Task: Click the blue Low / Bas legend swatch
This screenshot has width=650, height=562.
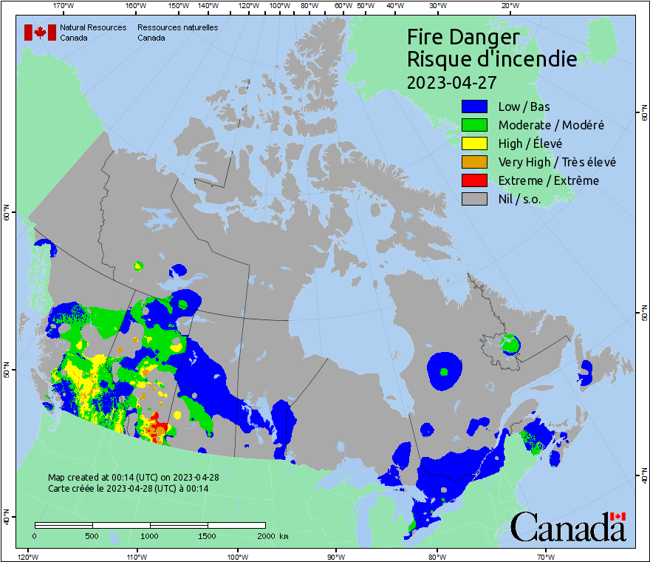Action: point(474,106)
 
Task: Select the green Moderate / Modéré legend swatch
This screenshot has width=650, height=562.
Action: point(474,125)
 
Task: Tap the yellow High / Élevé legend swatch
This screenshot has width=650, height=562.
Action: point(474,143)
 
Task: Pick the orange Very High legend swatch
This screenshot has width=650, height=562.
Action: point(474,162)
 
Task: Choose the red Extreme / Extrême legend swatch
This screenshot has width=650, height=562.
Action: point(474,180)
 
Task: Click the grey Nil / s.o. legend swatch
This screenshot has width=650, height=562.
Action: point(474,199)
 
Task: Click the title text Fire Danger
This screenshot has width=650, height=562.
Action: point(463,37)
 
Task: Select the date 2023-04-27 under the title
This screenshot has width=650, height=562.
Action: point(451,81)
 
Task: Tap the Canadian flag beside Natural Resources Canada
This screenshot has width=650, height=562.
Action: point(40,33)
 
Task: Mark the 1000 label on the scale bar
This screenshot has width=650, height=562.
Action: point(150,535)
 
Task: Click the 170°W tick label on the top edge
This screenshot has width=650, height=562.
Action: point(64,6)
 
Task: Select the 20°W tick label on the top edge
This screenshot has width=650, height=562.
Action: point(509,6)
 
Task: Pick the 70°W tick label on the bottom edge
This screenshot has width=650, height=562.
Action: point(545,556)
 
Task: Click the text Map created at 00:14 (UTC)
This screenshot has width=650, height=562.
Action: point(133,478)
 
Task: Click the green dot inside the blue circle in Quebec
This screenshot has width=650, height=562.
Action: point(444,372)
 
